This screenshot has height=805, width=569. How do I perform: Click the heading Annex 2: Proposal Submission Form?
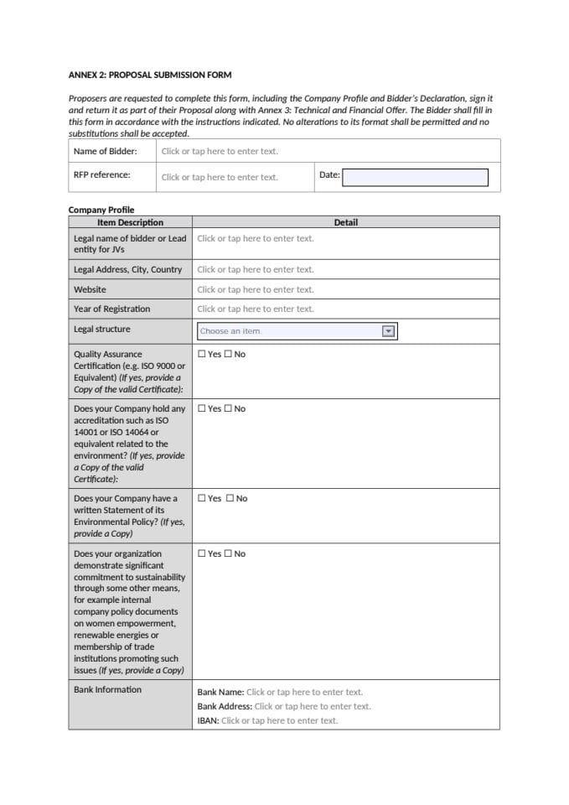coord(150,75)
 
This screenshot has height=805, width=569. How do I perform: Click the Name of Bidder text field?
coord(220,152)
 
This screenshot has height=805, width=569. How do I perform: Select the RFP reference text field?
coord(220,177)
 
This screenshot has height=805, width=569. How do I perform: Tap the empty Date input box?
coord(415,177)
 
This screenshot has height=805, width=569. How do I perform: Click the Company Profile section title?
coord(101,210)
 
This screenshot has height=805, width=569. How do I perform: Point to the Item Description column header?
coord(130,222)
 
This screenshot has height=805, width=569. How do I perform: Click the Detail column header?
coord(345,222)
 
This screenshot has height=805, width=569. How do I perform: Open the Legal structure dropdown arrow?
coord(388,331)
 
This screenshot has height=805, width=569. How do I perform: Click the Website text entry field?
coord(256,289)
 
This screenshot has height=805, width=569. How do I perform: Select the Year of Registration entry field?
coord(256,309)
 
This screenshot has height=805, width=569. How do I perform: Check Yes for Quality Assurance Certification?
coord(201,354)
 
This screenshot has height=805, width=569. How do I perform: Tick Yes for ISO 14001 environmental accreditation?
coord(201,408)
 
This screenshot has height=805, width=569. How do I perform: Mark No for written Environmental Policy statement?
coord(230,498)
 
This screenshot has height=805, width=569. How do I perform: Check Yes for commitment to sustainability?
coord(201,553)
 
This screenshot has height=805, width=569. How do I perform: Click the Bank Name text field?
coord(304,692)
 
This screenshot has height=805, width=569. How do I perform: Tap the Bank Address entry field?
coord(312,706)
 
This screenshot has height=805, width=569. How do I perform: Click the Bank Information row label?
coord(107,689)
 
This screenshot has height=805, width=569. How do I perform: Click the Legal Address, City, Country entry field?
coord(256,269)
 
